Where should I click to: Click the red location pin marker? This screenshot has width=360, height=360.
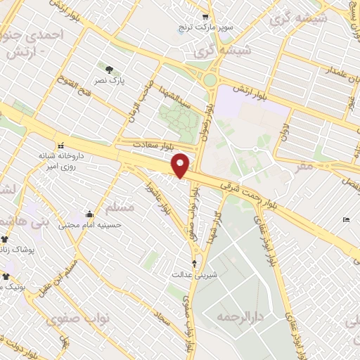(x=181, y=165)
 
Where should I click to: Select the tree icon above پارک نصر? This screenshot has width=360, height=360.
(x=109, y=69)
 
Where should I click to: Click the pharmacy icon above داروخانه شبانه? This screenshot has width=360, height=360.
(x=60, y=143)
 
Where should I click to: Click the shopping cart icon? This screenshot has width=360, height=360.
(x=205, y=16)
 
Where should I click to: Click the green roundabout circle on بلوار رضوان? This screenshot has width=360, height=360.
(x=210, y=79)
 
